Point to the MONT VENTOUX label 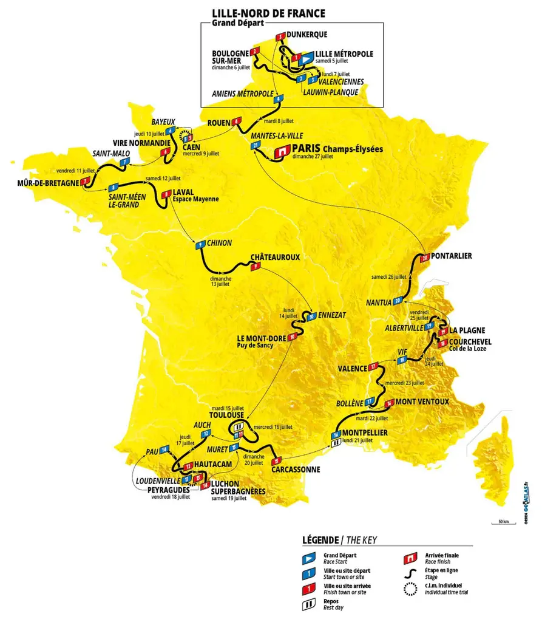point(422,402)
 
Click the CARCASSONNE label point(296,470)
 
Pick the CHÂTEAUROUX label point(276,257)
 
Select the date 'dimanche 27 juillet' point(313,156)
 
